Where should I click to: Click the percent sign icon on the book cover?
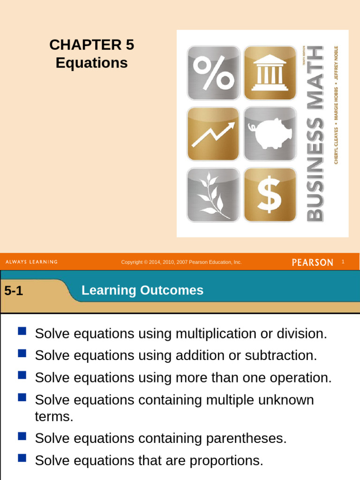213,73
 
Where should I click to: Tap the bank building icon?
270,73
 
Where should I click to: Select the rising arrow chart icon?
213,134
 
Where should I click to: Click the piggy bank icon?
270,134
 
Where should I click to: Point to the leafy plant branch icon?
213,195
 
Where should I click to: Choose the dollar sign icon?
270,195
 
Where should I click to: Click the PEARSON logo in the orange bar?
313,262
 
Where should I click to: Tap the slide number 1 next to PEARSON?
343,262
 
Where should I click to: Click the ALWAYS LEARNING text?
31,262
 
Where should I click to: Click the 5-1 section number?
14,291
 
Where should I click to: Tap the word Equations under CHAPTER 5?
91,63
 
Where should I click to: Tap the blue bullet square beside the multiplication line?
22,332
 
